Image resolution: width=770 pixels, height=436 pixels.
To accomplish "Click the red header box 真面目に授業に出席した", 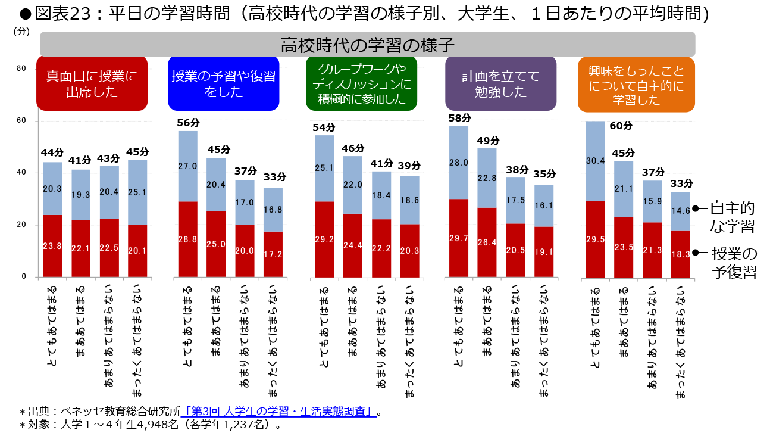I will pos(92,83).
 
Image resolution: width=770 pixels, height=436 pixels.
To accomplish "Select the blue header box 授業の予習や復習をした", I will pos(223,83).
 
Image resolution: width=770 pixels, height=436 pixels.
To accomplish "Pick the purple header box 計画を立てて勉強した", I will pos(500,83).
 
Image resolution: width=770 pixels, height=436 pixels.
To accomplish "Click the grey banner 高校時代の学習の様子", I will pos(367,45).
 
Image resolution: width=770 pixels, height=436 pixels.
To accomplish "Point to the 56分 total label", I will pos(188,123).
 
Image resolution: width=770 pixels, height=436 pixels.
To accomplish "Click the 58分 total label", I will pos(459,118).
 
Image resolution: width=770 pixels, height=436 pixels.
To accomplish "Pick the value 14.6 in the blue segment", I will pos(680,210).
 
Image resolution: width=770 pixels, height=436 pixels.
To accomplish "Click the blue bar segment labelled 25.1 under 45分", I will pos(137,192).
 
